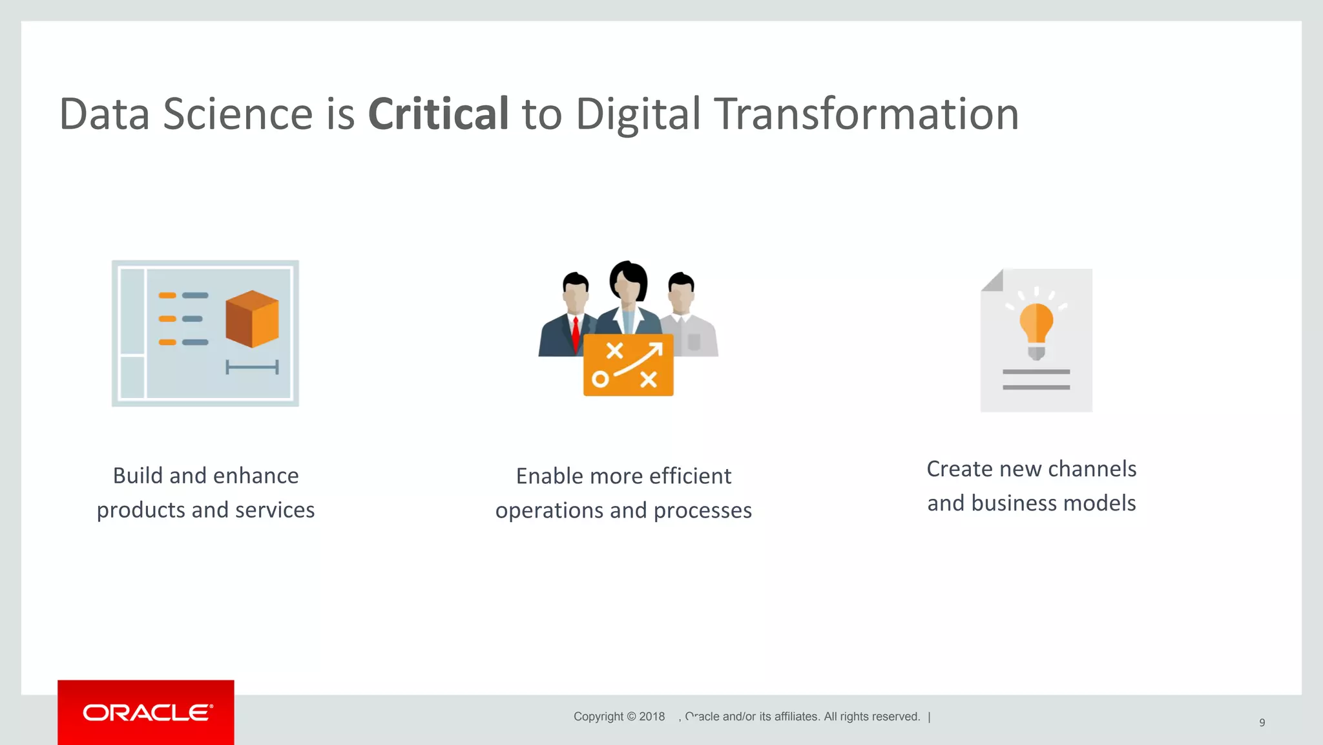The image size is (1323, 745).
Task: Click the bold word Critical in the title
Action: [438, 114]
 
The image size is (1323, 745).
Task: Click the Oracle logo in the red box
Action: [147, 713]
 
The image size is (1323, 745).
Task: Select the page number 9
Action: [1262, 722]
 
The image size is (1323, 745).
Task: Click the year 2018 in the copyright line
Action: [652, 717]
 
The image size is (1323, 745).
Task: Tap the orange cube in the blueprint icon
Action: [252, 319]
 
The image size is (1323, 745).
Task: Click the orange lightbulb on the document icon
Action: [1036, 323]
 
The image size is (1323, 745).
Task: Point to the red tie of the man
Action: [576, 333]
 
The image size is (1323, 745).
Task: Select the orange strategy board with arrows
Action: [628, 365]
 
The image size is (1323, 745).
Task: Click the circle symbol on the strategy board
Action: [600, 380]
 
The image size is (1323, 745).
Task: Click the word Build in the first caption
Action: [138, 476]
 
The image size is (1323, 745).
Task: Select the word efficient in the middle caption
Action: [690, 477]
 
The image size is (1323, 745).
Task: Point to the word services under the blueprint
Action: [275, 510]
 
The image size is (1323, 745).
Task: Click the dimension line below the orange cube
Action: [252, 368]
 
